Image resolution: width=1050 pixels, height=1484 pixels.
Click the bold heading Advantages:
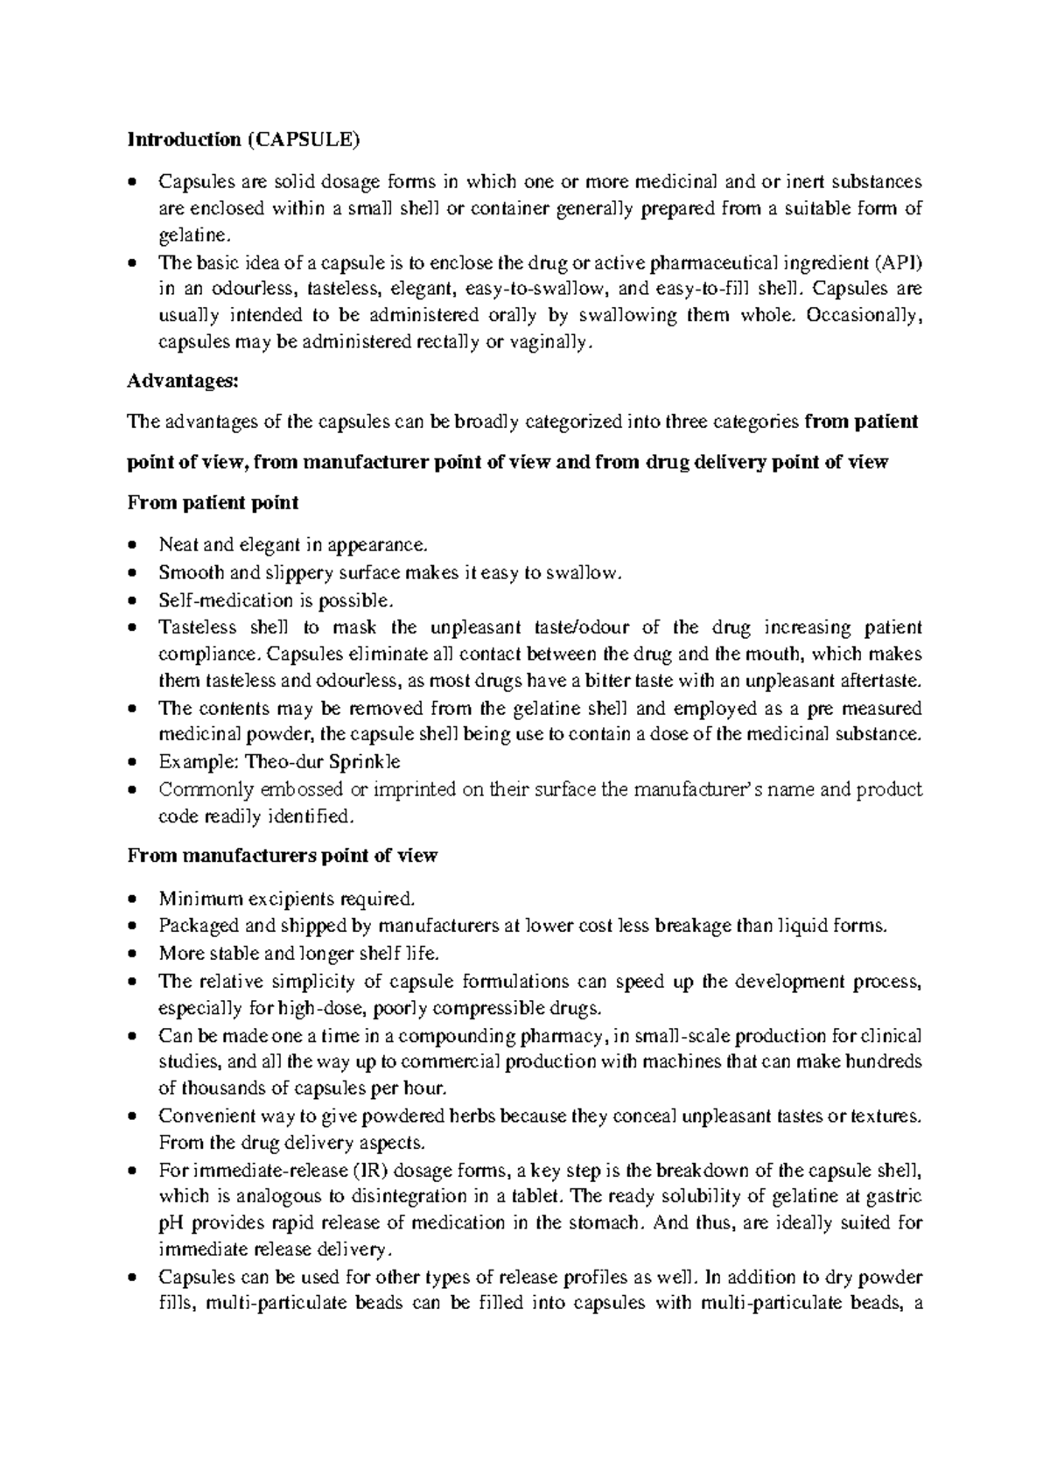(182, 381)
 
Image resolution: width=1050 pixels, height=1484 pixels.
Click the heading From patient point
(213, 503)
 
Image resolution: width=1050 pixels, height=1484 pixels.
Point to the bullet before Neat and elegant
(132, 545)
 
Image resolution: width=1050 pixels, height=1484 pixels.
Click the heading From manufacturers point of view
(282, 856)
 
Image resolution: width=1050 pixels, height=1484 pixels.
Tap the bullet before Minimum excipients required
(132, 899)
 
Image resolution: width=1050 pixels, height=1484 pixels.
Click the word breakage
(697, 926)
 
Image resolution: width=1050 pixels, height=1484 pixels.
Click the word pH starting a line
(170, 1222)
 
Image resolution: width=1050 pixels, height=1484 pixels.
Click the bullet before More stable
(132, 954)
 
